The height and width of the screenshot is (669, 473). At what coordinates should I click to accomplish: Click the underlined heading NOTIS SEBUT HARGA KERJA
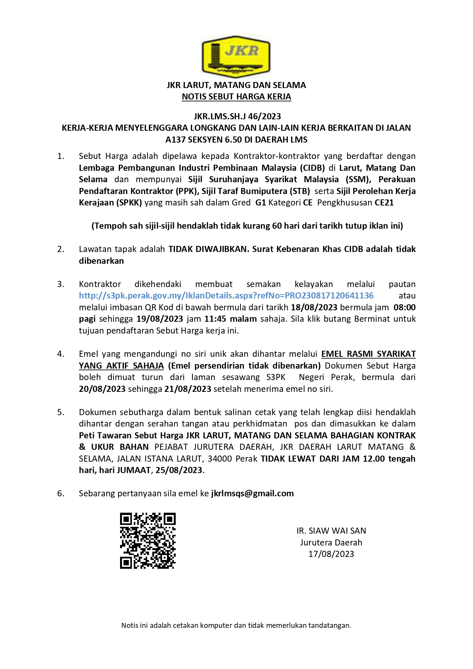pyautogui.click(x=236, y=97)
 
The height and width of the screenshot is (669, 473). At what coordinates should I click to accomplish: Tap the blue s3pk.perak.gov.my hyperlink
pyautogui.click(x=226, y=295)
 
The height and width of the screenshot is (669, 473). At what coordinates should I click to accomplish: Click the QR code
pyautogui.click(x=148, y=541)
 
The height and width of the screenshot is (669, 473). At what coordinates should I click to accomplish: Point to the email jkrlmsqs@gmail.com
pyautogui.click(x=252, y=493)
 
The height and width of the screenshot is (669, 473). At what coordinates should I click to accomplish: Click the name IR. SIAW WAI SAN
pyautogui.click(x=331, y=531)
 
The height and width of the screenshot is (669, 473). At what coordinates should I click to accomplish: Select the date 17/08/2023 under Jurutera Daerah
pyautogui.click(x=331, y=554)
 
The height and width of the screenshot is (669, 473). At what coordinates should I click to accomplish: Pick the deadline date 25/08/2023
pyautogui.click(x=179, y=470)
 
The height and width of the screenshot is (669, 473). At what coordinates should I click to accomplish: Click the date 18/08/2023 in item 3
pyautogui.click(x=314, y=307)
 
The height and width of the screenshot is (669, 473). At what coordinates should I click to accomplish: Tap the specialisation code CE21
pyautogui.click(x=384, y=202)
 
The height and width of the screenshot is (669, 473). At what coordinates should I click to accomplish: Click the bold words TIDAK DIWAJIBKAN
pyautogui.click(x=207, y=249)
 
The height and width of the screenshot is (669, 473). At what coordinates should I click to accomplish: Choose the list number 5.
pyautogui.click(x=60, y=412)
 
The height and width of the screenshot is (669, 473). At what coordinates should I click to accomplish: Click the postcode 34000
pyautogui.click(x=219, y=459)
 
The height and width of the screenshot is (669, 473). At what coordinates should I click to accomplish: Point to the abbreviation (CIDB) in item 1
pyautogui.click(x=312, y=168)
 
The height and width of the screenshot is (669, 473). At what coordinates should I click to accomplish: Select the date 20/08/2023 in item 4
pyautogui.click(x=102, y=389)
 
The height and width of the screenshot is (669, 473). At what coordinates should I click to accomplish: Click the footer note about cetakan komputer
pyautogui.click(x=236, y=625)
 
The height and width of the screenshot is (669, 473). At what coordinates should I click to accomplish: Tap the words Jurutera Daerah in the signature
pyautogui.click(x=331, y=542)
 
